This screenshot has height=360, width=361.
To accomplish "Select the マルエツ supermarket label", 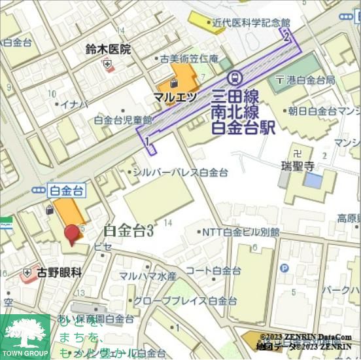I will click(175, 97).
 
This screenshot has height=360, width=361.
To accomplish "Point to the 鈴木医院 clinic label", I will click(108, 49).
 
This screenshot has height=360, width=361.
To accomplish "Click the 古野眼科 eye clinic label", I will click(59, 272).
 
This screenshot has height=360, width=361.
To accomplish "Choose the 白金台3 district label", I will click(128, 230).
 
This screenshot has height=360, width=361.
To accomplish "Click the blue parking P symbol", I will click(284, 268).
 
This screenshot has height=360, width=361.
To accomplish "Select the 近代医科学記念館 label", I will click(250, 22).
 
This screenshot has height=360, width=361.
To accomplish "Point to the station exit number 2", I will click(286, 37).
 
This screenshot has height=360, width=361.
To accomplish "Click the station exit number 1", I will click(148, 141).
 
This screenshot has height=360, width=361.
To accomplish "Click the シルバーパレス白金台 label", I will click(180, 172).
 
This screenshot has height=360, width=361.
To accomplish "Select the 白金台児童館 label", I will click(123, 120).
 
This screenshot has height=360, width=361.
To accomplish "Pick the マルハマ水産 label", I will click(147, 276).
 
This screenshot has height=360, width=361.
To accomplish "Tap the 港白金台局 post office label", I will click(309, 80).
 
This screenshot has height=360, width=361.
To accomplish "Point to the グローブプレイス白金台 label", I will click(185, 301).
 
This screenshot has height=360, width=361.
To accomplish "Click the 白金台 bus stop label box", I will click(67, 190).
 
